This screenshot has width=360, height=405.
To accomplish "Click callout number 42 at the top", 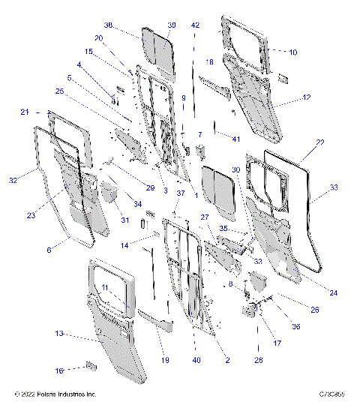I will tap(196, 25).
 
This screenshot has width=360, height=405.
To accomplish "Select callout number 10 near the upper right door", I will tap(293, 52).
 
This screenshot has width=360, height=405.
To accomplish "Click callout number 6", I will tap(49, 249).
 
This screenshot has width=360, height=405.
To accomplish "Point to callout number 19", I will tap(165, 360).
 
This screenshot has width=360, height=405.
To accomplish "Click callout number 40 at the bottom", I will tap(195, 361).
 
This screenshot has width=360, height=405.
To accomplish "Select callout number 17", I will tap(277, 343).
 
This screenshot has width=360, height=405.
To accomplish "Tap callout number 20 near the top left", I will tap(119, 38).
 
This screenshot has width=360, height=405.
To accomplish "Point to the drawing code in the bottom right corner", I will tap(330, 394).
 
